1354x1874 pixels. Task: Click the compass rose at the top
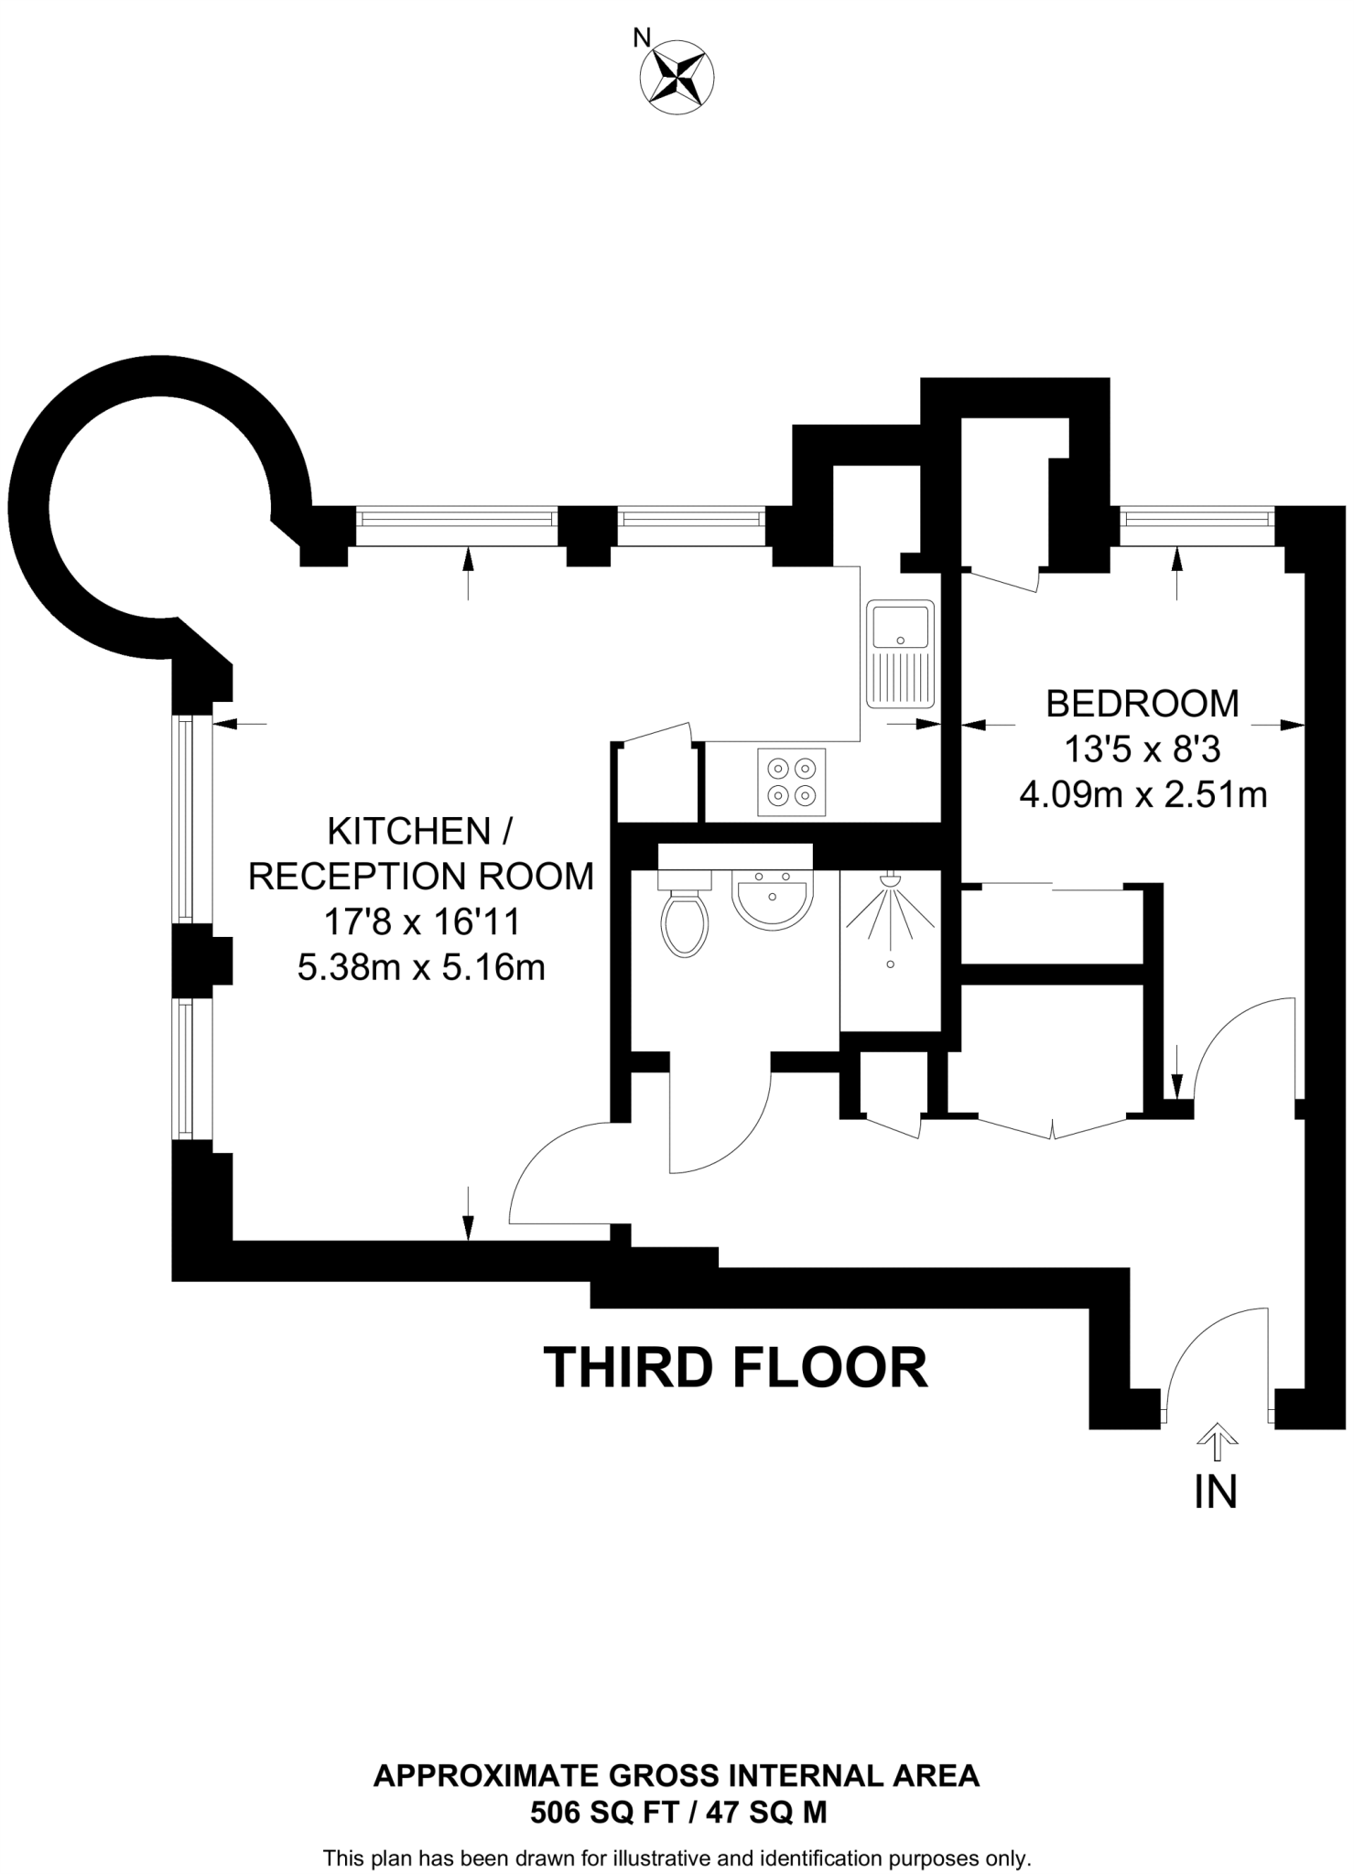point(678,78)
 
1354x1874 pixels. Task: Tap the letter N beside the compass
point(642,38)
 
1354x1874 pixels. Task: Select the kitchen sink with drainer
point(900,653)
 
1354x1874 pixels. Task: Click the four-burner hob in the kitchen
point(792,782)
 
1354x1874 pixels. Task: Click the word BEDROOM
point(1142,705)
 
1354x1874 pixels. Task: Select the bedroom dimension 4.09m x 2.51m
point(1143,795)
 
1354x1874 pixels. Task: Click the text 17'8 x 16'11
point(422,921)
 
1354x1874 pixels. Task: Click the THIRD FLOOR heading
point(735,1369)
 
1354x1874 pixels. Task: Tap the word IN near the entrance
point(1216,1492)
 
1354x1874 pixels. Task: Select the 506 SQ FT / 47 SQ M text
point(677,1812)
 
